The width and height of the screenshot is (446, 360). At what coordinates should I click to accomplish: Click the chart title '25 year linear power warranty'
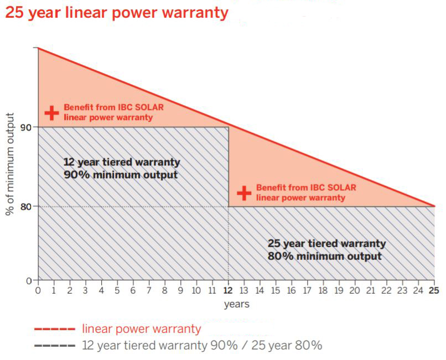(x=116, y=12)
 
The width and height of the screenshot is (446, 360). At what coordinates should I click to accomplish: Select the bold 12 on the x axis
(x=228, y=290)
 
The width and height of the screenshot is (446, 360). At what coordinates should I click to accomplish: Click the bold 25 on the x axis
(x=434, y=290)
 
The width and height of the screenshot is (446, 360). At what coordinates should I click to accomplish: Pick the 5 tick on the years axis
(x=117, y=290)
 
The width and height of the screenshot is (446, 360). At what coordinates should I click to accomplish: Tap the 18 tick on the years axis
(x=323, y=290)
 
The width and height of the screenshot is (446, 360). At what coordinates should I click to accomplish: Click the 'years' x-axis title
(x=236, y=304)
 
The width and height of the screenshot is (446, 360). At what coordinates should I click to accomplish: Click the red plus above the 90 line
(x=51, y=113)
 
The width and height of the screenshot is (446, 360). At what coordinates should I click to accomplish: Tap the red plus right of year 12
(x=244, y=193)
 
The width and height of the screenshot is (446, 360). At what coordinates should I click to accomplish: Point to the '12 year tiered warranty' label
(x=122, y=162)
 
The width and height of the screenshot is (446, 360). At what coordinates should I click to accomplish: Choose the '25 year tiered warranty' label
(x=326, y=243)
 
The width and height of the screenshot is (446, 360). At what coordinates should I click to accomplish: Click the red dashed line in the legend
(x=54, y=330)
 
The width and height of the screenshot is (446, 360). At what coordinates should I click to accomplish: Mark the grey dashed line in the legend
(x=54, y=347)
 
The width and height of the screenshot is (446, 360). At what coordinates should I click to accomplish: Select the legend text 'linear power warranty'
(x=141, y=330)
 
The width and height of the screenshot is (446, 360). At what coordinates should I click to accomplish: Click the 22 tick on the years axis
(x=387, y=290)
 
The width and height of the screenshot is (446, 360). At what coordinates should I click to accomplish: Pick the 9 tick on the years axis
(x=180, y=290)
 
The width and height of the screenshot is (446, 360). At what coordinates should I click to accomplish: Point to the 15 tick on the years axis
(x=276, y=290)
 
